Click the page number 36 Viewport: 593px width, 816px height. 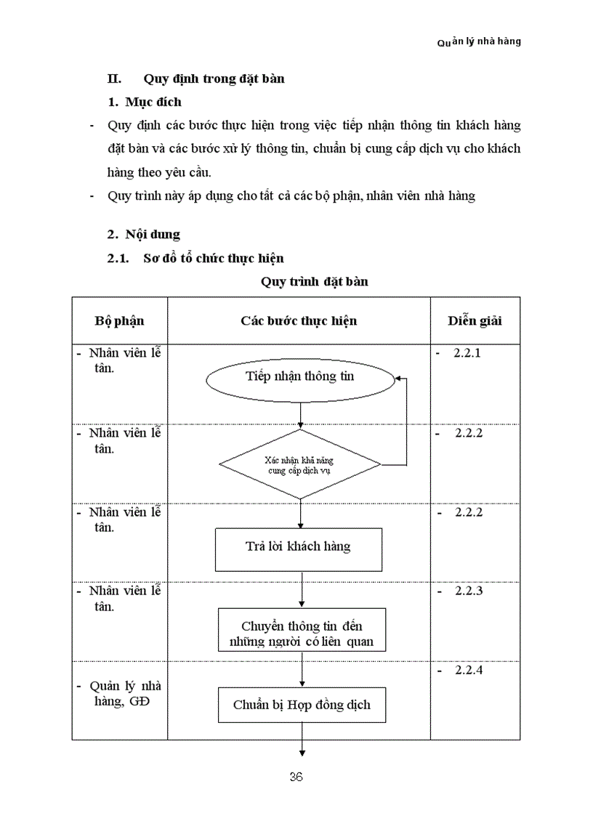click(296, 777)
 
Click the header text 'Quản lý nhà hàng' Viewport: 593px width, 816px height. click(479, 41)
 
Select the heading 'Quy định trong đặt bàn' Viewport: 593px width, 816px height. click(214, 78)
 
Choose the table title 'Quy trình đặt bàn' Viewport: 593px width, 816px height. click(314, 281)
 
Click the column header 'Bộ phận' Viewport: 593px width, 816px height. click(120, 320)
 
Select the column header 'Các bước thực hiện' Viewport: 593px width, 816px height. click(299, 320)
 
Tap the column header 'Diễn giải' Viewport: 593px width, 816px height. click(475, 320)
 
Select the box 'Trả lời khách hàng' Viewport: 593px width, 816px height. click(298, 547)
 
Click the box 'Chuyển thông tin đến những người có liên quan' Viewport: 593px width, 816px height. click(301, 634)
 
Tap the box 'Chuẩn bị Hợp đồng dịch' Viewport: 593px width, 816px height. click(302, 705)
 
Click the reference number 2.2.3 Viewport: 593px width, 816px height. click(468, 591)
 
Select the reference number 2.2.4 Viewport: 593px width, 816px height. click(468, 670)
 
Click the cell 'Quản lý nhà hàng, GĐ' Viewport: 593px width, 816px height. click(121, 694)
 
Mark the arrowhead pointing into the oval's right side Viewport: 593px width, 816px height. click(398, 378)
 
